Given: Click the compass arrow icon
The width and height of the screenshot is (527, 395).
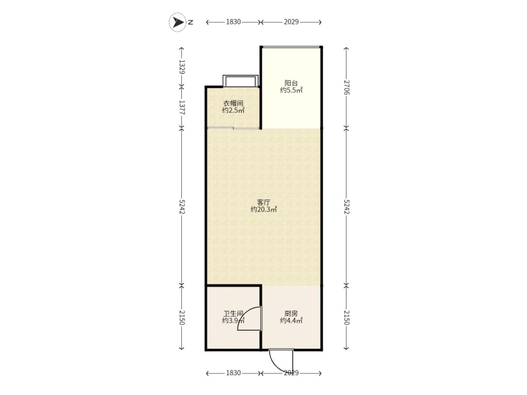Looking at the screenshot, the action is coord(177,22).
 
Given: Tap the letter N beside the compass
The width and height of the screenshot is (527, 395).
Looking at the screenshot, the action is coord(190,22).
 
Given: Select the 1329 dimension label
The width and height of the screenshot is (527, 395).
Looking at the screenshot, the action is coord(182,67).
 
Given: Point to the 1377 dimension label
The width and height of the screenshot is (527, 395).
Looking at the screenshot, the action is coord(182,107).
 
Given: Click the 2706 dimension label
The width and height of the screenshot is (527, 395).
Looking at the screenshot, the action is coord(347,88).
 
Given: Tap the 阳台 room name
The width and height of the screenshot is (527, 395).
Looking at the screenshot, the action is coord(291,83).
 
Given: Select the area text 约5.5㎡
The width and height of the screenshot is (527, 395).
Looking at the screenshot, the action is coord(291,90).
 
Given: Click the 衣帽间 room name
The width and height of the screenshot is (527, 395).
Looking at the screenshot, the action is coord(233,103).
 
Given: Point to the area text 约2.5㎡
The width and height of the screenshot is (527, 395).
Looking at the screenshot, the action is coord(233,111).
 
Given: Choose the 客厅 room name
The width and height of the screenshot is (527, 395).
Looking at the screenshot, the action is coord(263,202).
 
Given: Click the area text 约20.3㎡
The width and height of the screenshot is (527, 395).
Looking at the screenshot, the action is coord(263,209).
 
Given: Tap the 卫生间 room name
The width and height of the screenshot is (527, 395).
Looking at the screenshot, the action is coord(233,313).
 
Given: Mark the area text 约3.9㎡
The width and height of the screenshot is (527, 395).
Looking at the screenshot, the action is coord(233,321).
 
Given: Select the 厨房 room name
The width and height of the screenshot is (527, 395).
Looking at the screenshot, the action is coord(291,313).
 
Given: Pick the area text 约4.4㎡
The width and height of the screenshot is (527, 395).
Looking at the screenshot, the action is coord(291,321).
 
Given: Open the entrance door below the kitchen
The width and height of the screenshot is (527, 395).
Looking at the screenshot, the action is coord(281,361).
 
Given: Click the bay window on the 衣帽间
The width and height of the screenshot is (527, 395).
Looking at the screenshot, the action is coord(240,81).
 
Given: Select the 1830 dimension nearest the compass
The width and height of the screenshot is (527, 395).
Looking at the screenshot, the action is coord(233,22).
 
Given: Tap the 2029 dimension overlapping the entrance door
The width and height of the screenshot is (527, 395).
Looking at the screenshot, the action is coord(291,373).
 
